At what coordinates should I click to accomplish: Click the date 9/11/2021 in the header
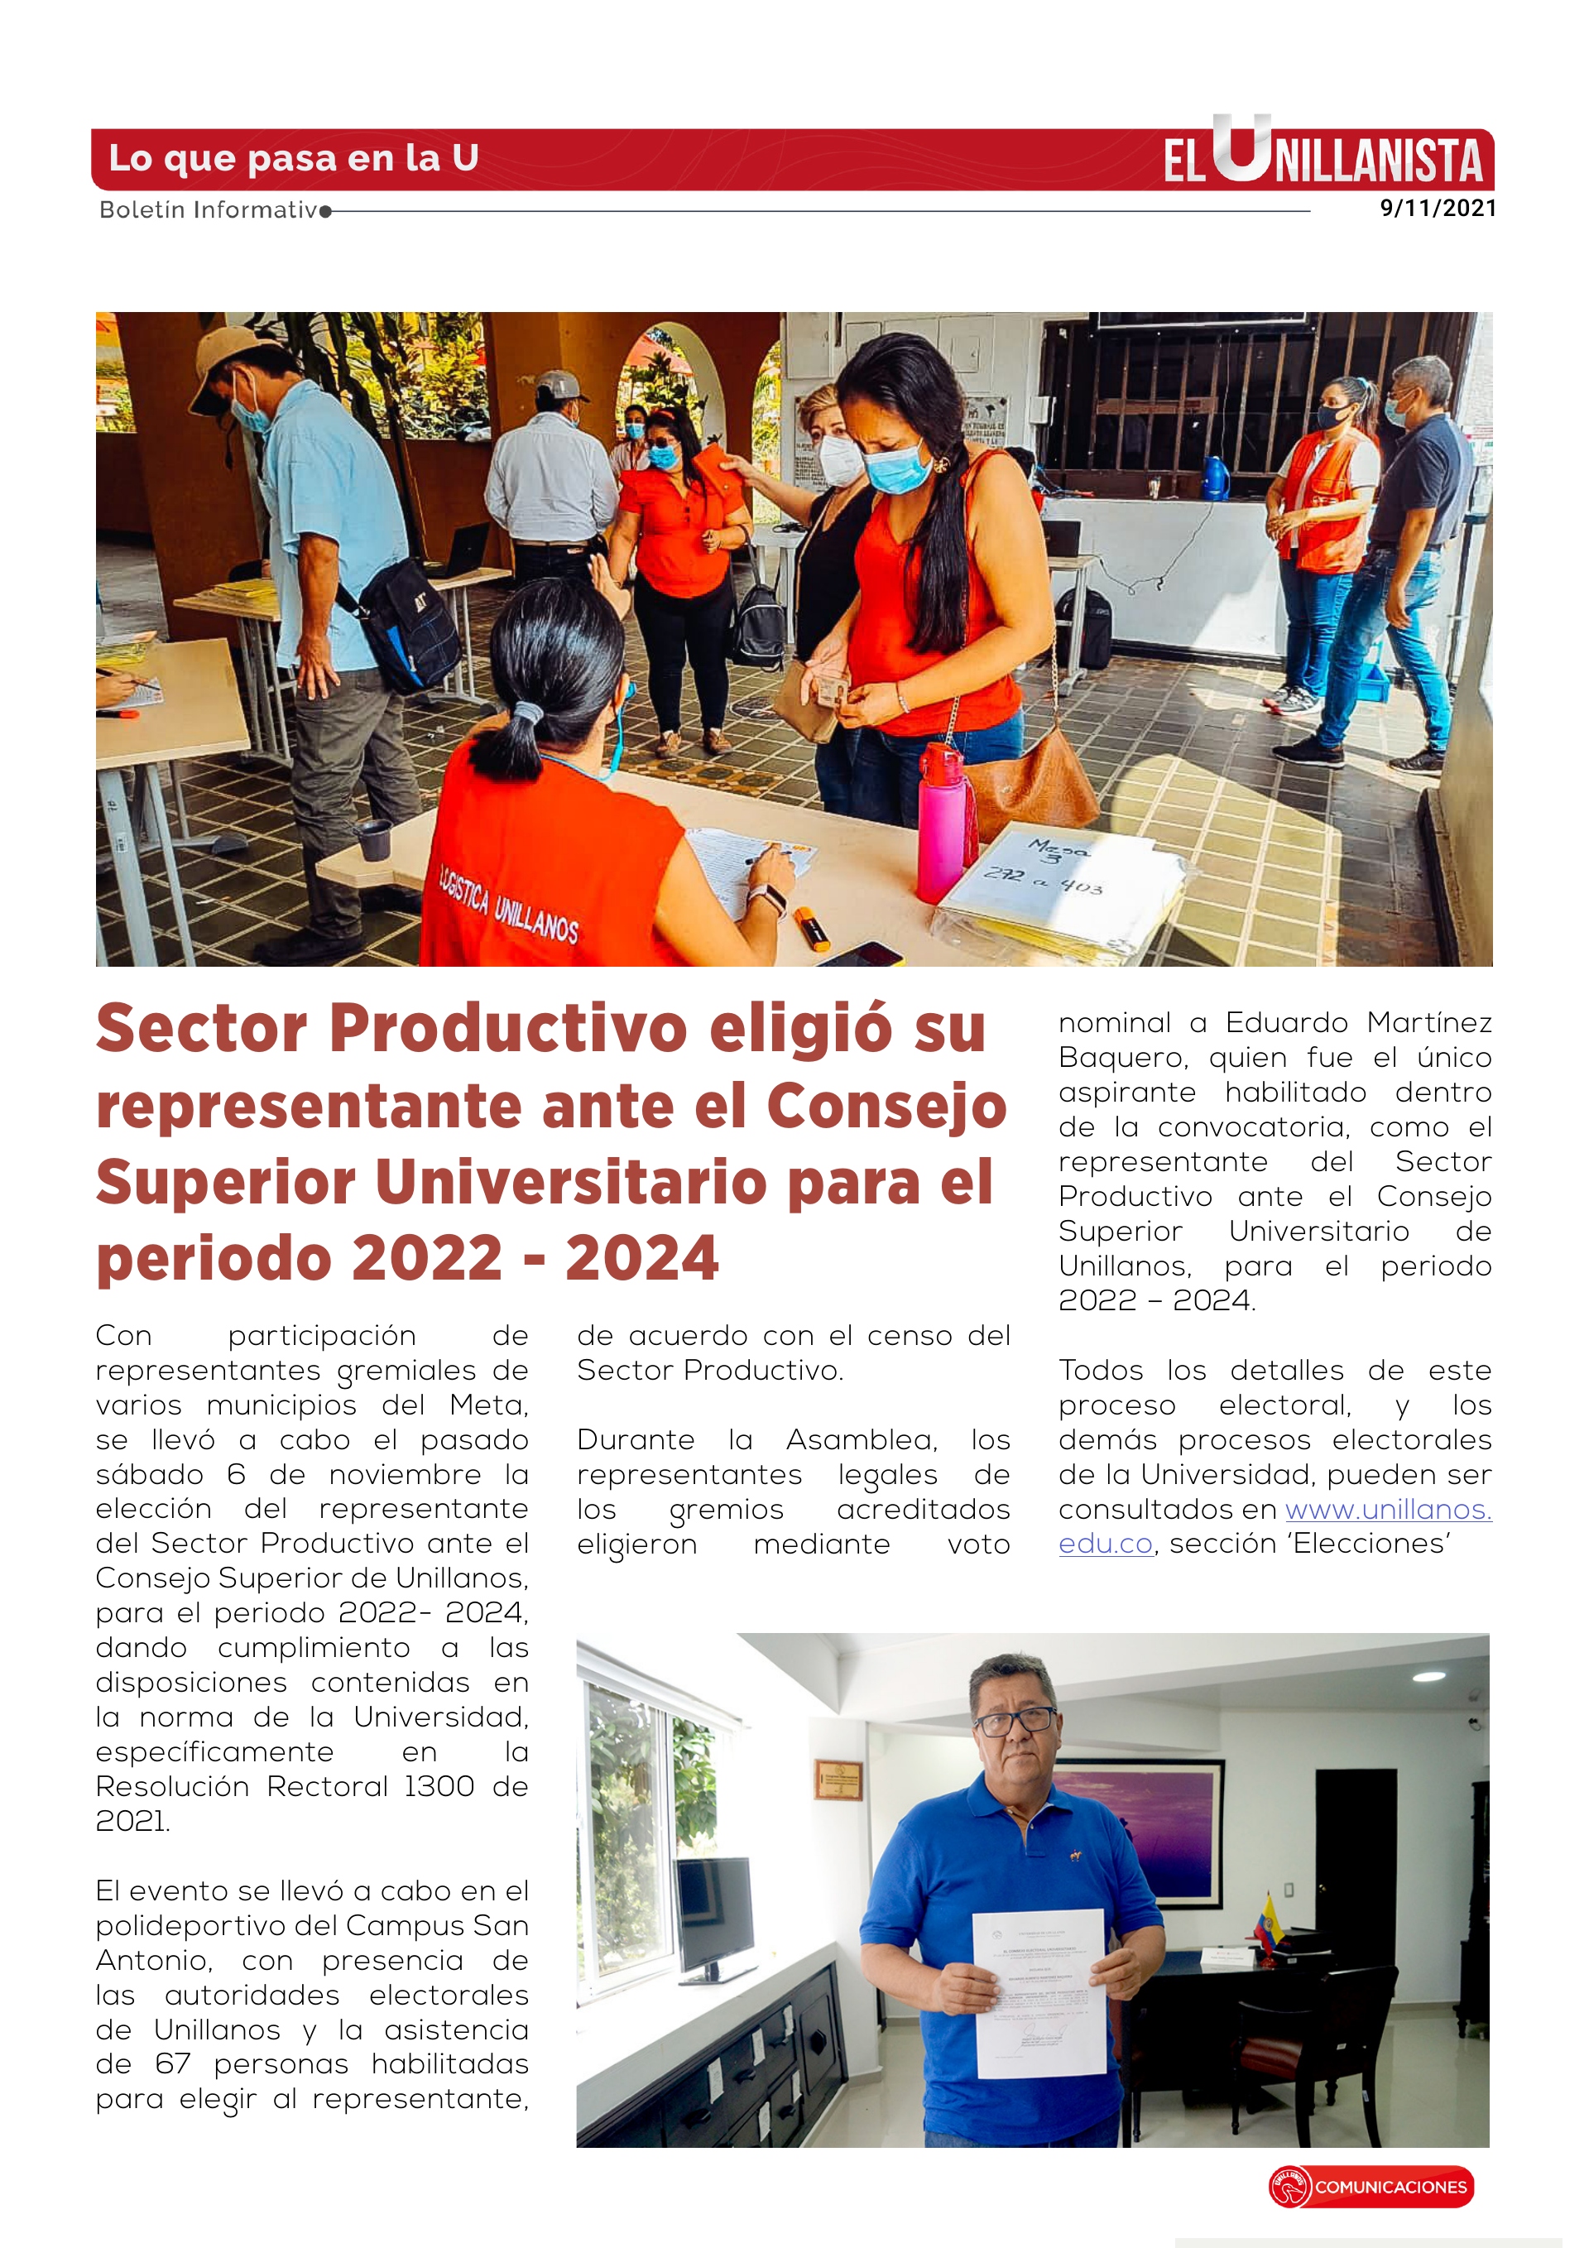click(1436, 208)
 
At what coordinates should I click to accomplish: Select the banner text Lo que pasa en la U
click(293, 157)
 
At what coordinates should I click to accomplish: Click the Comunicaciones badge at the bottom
click(1371, 2186)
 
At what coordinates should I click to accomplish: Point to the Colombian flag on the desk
click(1269, 1923)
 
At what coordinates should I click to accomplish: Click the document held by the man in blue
click(1039, 1991)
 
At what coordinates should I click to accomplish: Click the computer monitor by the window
click(715, 1913)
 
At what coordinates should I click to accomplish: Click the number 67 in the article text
click(172, 2064)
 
